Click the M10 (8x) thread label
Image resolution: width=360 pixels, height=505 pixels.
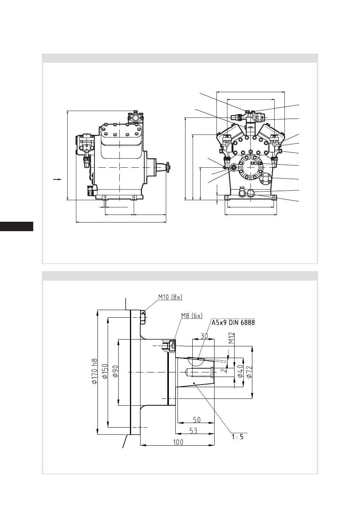[170, 297]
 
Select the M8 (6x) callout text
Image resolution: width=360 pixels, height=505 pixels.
[192, 316]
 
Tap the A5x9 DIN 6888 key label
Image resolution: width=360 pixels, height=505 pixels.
[233, 323]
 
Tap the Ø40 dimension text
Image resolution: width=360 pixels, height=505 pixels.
[240, 371]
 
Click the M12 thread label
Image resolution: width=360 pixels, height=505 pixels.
[231, 338]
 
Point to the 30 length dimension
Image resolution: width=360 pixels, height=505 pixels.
[204, 336]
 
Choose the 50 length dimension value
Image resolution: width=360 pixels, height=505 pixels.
[197, 420]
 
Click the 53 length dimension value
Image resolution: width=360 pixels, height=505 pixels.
[193, 431]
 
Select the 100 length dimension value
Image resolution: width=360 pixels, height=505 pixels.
[178, 442]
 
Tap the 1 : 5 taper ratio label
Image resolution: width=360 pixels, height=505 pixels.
[238, 437]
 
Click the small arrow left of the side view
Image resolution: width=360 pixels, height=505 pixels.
[57, 179]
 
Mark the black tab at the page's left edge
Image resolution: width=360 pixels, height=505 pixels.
[17, 226]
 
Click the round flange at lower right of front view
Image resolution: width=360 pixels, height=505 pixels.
[265, 179]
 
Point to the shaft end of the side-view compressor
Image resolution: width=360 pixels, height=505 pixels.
[168, 167]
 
